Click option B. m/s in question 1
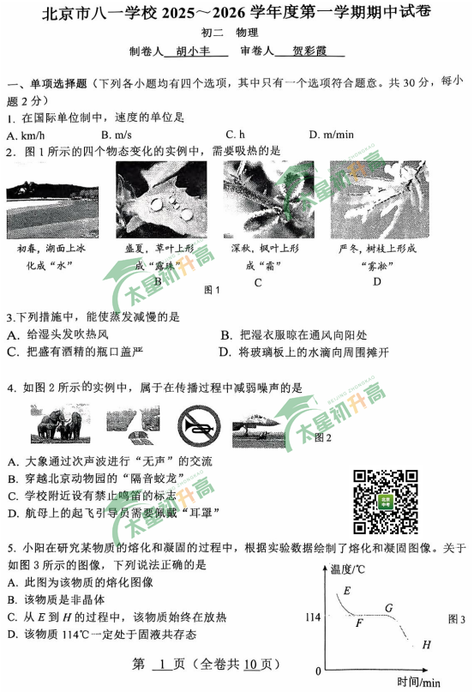(x=116, y=135)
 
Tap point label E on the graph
(x=346, y=591)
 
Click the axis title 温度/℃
(x=351, y=569)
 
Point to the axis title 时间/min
(x=418, y=681)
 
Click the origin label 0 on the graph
(x=319, y=670)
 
